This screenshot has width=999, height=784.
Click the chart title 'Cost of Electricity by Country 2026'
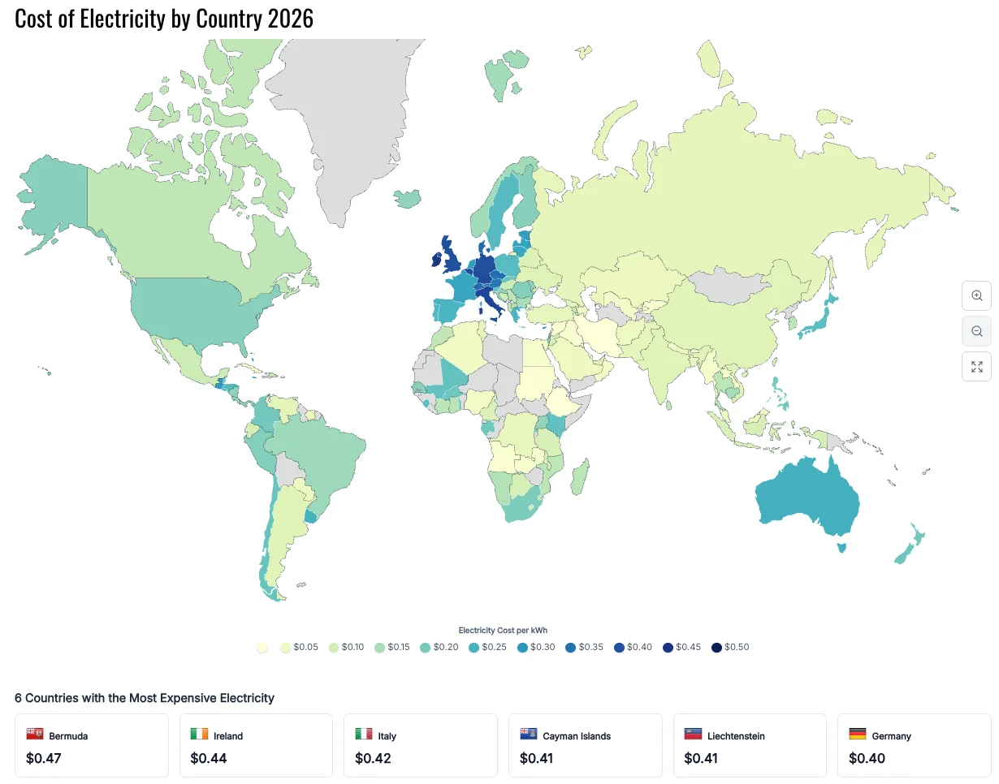point(164,19)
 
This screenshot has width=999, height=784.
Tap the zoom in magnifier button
point(976,295)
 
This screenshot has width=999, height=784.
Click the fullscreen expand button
point(976,366)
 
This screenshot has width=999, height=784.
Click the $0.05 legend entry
point(298,647)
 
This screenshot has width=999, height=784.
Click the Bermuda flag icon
point(35,734)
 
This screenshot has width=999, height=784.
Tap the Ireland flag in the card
point(199,734)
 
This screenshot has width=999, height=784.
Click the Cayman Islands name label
point(577,736)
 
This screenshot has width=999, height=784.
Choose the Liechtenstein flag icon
point(693,734)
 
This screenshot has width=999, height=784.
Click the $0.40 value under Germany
point(864,759)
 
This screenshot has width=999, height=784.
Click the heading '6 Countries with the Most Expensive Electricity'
point(145,698)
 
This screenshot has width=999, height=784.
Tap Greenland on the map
point(357,122)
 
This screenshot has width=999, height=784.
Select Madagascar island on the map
point(579,476)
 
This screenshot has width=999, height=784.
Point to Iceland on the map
point(408,198)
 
